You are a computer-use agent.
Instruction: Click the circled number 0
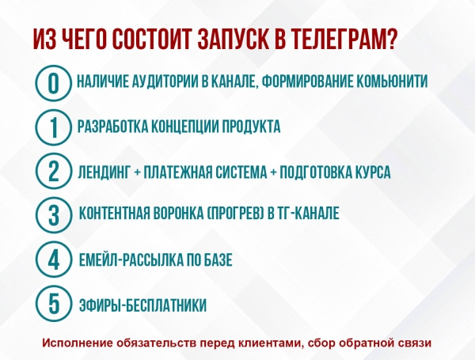coord(52,82)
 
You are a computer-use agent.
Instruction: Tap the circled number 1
coord(52,127)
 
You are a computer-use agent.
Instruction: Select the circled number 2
coord(52,171)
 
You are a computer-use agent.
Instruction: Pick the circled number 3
coord(52,214)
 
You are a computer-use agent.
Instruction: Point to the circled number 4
coord(52,260)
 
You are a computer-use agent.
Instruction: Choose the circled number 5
coord(52,303)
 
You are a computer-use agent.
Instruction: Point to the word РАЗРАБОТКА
coord(114,126)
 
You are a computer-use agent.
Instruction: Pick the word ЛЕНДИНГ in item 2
coord(104,171)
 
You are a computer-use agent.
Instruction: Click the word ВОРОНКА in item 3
coord(184,214)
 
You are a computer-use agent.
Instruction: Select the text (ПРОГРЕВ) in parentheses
coord(245,214)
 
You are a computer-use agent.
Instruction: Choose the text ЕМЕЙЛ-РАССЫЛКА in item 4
coord(130,260)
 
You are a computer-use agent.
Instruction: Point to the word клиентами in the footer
coord(270,343)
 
